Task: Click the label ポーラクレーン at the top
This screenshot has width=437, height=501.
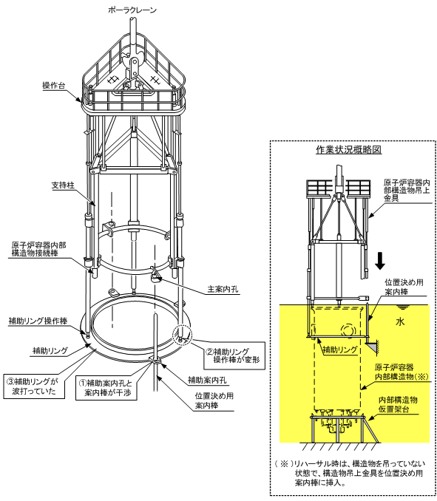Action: click(x=132, y=10)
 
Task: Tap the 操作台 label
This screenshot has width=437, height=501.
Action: click(x=54, y=86)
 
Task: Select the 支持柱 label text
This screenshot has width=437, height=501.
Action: click(x=63, y=185)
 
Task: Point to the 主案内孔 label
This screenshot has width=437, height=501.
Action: click(x=223, y=289)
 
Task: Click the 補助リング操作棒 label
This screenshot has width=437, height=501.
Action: click(x=38, y=321)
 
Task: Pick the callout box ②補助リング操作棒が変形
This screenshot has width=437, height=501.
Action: click(x=234, y=355)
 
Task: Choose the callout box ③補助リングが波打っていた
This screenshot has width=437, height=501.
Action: click(x=34, y=386)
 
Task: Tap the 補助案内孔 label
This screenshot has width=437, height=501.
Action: click(x=207, y=381)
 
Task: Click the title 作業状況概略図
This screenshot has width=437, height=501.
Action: click(x=349, y=149)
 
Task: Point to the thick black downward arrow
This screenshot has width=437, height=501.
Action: click(x=380, y=261)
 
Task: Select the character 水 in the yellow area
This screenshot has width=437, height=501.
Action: click(x=400, y=321)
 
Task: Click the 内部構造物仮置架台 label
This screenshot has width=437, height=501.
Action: click(x=398, y=404)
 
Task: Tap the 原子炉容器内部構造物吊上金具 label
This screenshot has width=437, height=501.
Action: click(x=407, y=191)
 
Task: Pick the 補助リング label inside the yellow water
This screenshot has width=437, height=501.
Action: click(x=340, y=350)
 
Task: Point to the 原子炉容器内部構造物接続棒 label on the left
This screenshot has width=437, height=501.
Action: click(x=38, y=250)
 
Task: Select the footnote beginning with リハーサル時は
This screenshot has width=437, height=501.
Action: click(x=350, y=473)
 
